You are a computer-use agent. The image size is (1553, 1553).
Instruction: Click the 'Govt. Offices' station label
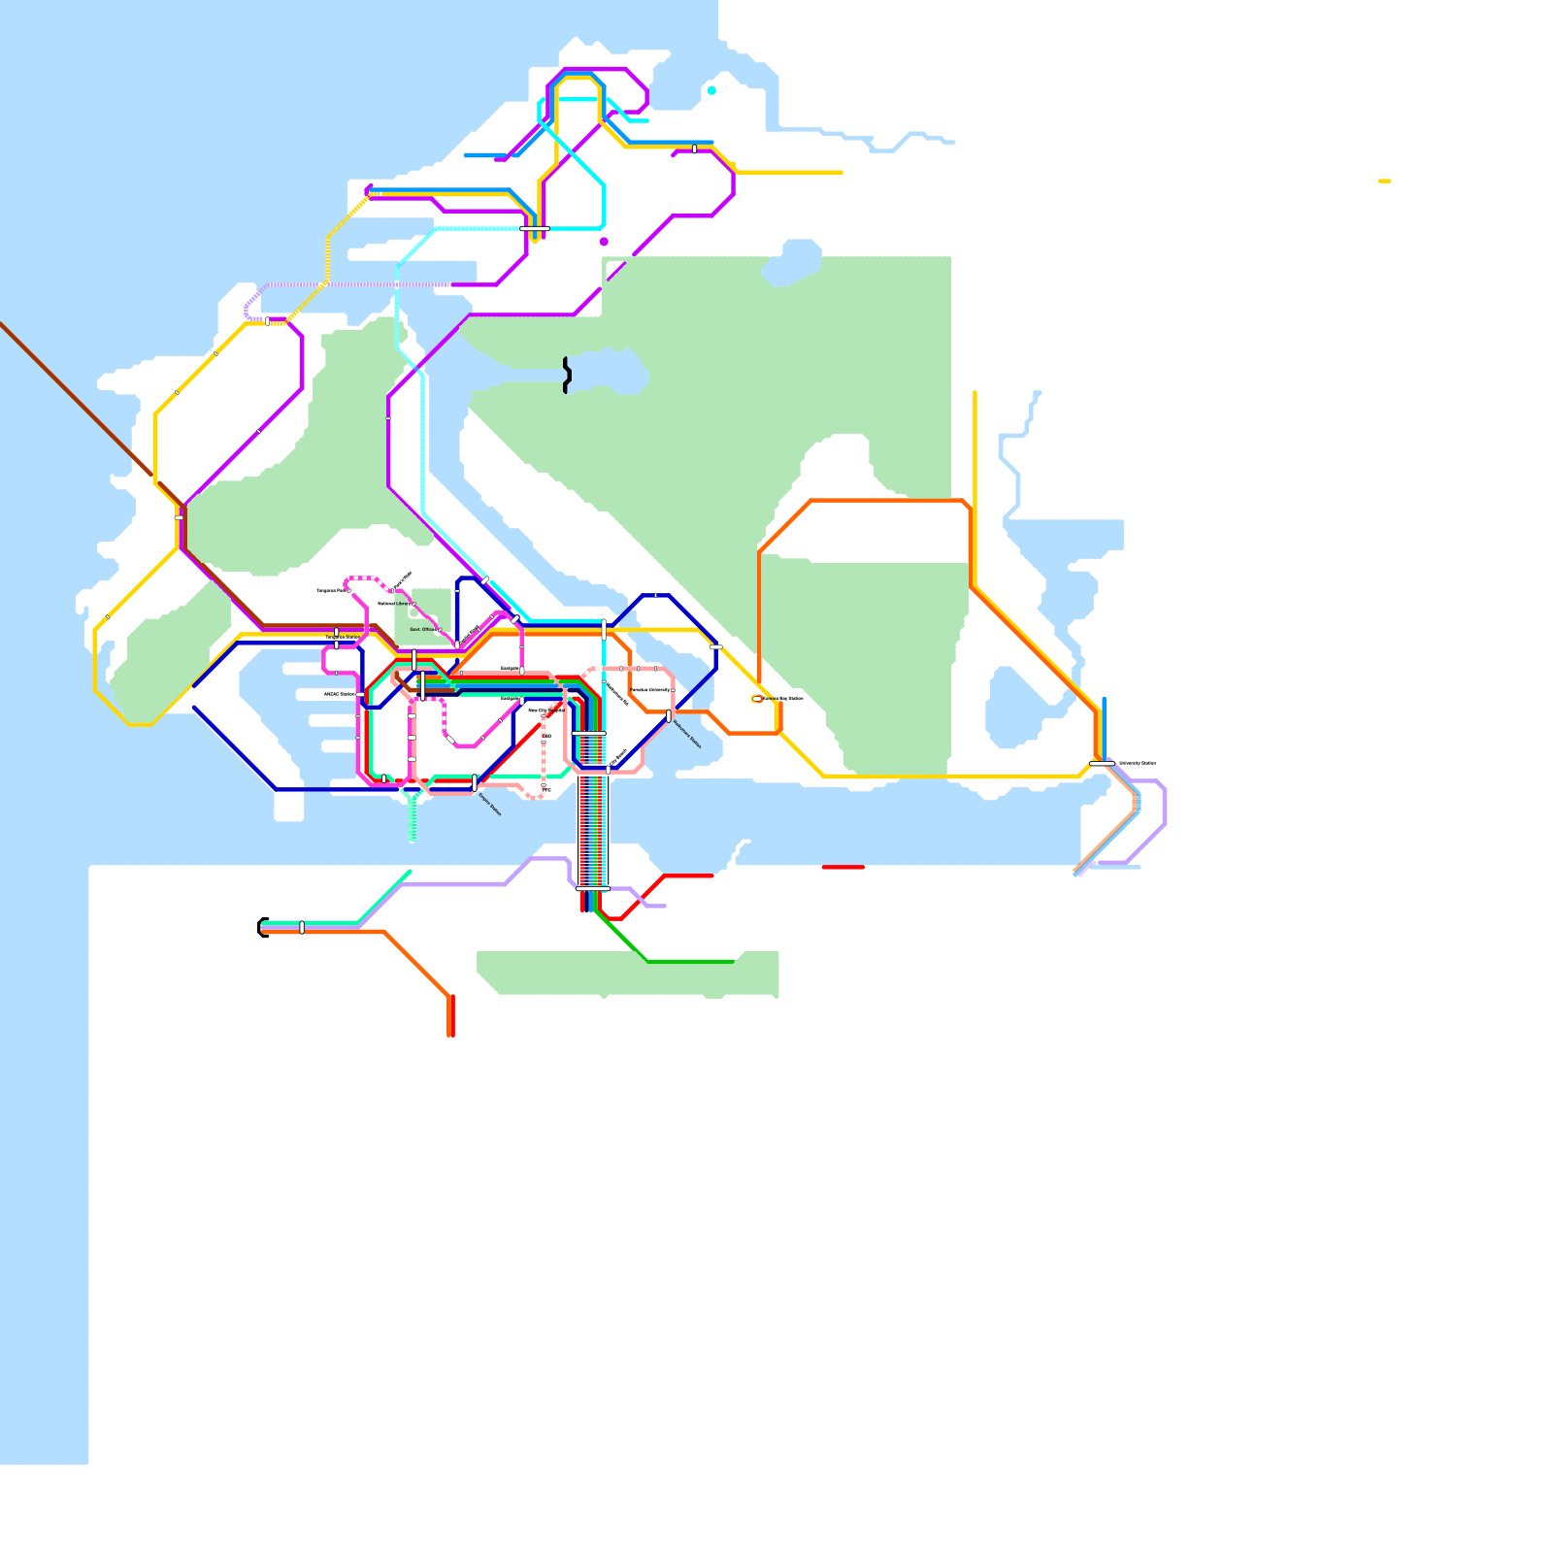422,629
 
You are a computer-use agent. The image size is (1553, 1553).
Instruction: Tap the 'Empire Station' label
490,805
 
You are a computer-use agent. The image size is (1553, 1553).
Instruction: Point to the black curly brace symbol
567,375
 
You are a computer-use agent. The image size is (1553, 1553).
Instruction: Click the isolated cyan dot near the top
711,90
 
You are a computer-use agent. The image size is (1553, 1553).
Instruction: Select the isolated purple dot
604,242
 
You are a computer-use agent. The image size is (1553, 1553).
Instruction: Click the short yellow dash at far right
1384,181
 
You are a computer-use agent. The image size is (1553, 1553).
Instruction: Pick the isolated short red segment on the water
843,867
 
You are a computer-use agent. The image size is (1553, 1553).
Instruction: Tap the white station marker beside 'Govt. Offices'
440,630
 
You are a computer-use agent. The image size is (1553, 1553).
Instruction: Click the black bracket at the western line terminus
262,927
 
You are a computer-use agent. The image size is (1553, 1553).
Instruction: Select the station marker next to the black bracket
302,927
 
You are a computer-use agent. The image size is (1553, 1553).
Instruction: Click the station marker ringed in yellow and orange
757,698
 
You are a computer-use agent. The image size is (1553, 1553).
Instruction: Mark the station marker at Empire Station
475,782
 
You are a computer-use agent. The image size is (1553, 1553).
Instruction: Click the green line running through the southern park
689,961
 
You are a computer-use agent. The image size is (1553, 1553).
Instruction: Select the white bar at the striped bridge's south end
592,888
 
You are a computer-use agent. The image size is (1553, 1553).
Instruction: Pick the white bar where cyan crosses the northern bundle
535,228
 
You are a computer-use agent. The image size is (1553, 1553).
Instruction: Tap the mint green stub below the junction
413,820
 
